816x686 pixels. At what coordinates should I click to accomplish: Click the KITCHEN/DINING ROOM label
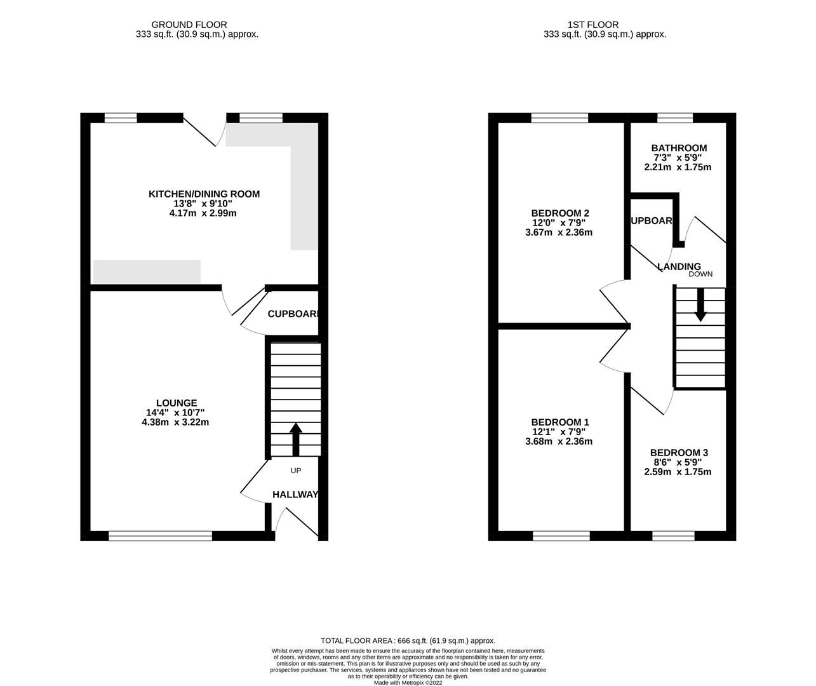coord(204,194)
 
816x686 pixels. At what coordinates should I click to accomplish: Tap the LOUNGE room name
coord(177,403)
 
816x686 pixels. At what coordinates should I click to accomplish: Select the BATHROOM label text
coord(678,148)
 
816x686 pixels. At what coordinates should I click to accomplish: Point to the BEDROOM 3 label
coord(678,452)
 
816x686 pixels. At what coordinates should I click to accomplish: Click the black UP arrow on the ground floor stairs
coord(295,438)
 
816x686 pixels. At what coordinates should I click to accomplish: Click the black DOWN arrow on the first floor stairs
coord(700,305)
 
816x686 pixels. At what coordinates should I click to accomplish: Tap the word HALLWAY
coord(295,494)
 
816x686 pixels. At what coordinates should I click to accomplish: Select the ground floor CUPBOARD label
coord(292,314)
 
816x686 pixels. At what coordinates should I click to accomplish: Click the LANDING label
coord(679,266)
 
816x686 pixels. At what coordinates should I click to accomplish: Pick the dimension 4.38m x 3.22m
coord(176,422)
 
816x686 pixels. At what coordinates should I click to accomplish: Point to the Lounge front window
coord(160,537)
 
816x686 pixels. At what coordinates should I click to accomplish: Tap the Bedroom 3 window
coord(673,537)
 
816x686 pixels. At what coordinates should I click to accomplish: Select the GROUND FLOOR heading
coord(197,25)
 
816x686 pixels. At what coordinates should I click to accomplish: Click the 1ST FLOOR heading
coord(605,25)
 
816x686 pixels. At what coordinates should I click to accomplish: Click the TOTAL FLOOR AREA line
coord(408,641)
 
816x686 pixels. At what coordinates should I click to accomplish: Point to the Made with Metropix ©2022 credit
coord(408,683)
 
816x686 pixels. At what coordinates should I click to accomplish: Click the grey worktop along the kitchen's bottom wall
coord(147,272)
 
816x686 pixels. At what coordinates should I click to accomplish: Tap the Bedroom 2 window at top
coord(559,118)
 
